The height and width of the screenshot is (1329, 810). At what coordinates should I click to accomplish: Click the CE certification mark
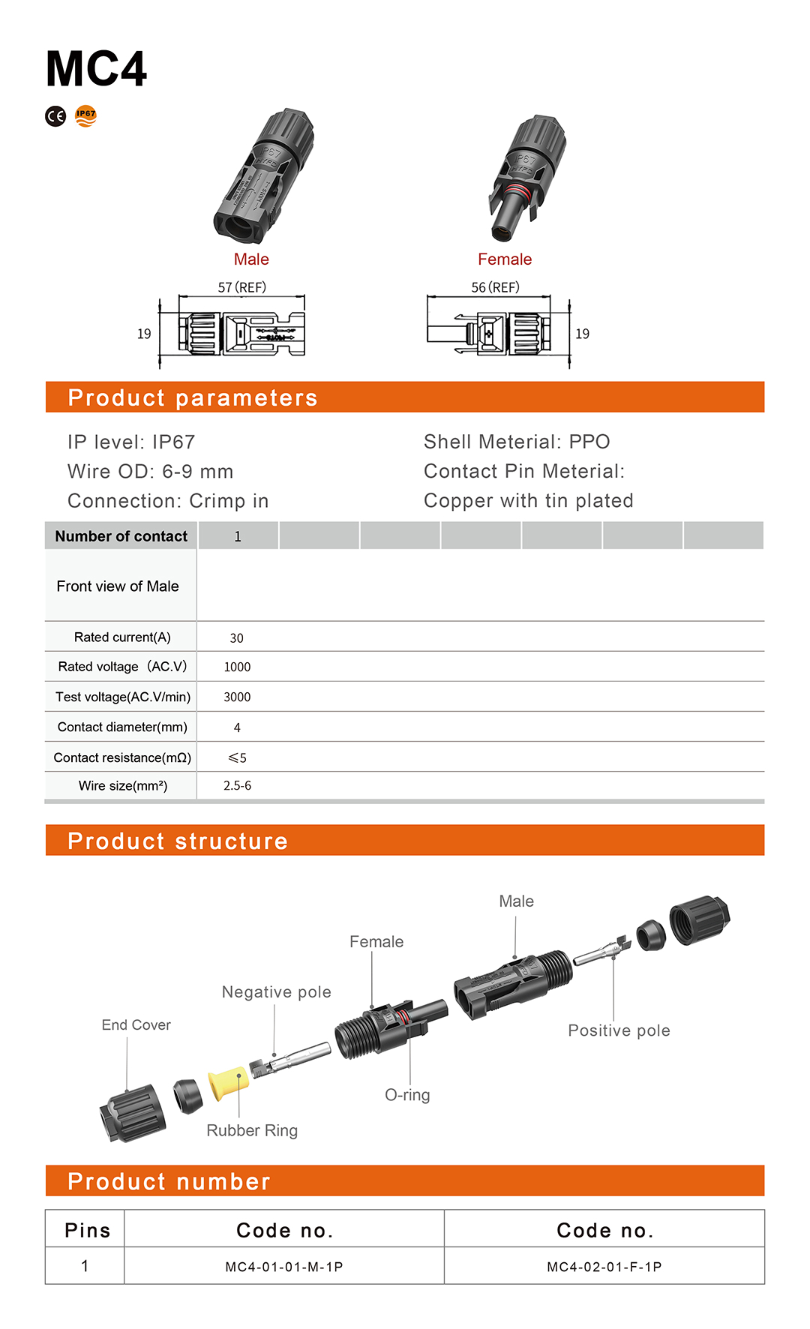pos(55,116)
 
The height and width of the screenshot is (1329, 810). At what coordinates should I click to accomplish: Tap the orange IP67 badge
pos(86,115)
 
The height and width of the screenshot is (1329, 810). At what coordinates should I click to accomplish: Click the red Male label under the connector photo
pos(251,259)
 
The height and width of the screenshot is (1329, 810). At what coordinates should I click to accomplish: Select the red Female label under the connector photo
pos(505,259)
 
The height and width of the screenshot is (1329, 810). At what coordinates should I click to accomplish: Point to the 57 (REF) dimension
pos(241,287)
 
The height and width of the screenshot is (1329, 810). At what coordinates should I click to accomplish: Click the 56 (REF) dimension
pos(495,287)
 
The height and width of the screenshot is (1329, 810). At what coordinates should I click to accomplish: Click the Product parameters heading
pos(193,397)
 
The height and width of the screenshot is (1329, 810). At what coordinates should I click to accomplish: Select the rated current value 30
pos(236,638)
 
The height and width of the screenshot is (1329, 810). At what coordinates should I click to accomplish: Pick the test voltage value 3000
pos(237,697)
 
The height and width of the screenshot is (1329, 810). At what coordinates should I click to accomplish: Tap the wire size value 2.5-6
pos(237,786)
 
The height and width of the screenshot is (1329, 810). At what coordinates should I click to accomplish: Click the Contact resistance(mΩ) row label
pos(122,757)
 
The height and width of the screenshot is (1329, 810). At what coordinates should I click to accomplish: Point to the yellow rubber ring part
pos(228,1083)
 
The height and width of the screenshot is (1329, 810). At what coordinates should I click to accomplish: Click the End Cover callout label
pos(136,1025)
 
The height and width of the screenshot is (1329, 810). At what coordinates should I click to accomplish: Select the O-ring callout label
pos(407,1095)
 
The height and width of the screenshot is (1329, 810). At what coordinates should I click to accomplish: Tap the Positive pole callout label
pos(619,1030)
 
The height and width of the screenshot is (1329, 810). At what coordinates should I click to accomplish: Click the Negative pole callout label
pos(276,992)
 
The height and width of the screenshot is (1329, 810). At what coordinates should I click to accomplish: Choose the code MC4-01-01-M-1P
pos(284,1267)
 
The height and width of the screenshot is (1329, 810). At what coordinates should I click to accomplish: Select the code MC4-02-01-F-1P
pos(604,1267)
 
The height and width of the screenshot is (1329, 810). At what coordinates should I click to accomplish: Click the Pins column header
pos(87,1231)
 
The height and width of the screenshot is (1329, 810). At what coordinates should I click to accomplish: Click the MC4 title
pos(96,70)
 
